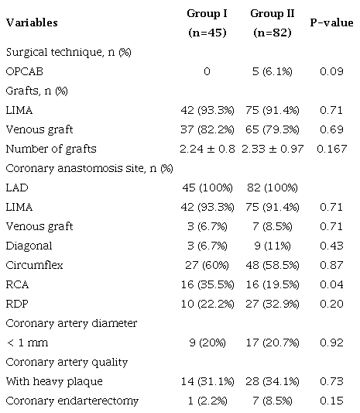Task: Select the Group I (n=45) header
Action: tap(205, 23)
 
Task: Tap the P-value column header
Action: tap(332, 22)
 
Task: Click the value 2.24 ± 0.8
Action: tap(205, 149)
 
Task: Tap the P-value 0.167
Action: tap(332, 149)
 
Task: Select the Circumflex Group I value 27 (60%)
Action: tap(205, 264)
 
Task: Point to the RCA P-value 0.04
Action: tap(332, 284)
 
